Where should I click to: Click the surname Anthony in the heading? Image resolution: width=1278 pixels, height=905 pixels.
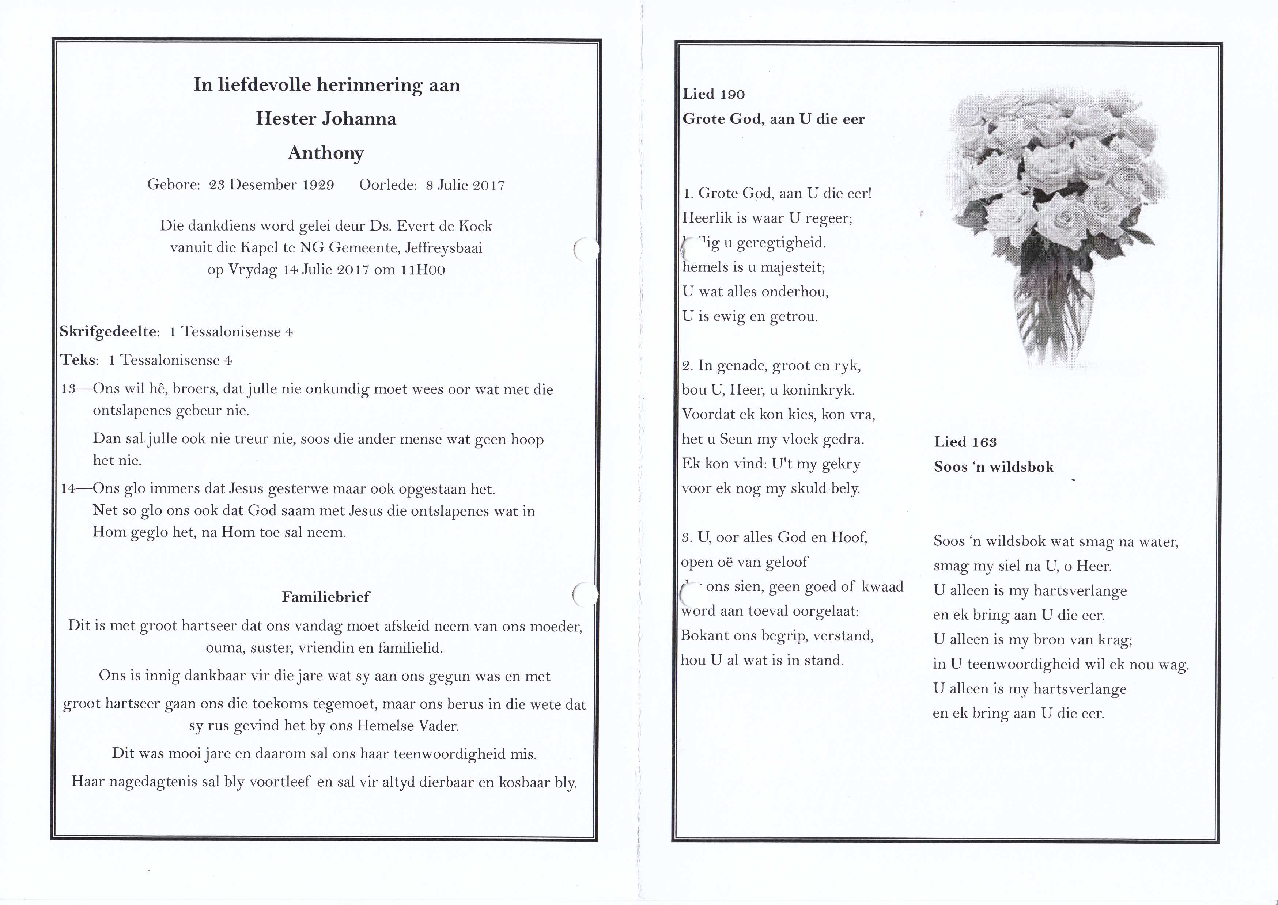point(326,153)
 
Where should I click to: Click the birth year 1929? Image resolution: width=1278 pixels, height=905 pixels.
point(318,185)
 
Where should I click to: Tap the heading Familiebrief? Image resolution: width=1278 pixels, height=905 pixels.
point(326,597)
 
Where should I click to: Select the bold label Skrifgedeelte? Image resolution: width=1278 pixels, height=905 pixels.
point(108,332)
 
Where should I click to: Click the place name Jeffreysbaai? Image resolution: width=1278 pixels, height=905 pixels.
point(443,248)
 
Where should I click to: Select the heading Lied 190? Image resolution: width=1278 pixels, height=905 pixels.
point(714,94)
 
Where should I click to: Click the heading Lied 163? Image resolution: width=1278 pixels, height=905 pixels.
point(965,442)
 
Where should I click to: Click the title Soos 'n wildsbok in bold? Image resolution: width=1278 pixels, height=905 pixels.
point(994,467)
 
